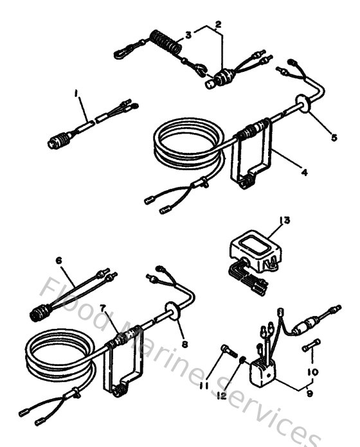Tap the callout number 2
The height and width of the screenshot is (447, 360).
[219, 24]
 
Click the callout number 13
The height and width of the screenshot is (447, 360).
[283, 220]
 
